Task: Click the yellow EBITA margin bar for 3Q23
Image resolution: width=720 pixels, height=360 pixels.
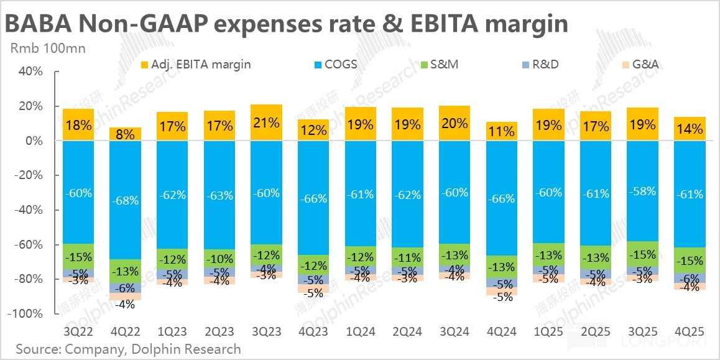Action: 266,122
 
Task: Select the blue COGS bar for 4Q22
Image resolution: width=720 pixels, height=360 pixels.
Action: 125,200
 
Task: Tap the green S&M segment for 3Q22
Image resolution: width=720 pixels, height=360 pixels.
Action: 78,257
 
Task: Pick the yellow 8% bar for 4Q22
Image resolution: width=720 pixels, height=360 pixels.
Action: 125,134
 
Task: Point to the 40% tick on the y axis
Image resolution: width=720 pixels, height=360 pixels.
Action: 30,72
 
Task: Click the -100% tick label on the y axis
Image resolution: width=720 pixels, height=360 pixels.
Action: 25,314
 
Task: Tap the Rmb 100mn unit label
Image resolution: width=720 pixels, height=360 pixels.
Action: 47,48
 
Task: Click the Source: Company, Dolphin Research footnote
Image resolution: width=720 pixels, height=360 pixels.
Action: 128,349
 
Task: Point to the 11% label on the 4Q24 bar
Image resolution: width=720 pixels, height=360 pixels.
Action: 501,132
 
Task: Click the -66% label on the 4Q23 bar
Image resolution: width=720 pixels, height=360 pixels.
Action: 313,198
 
